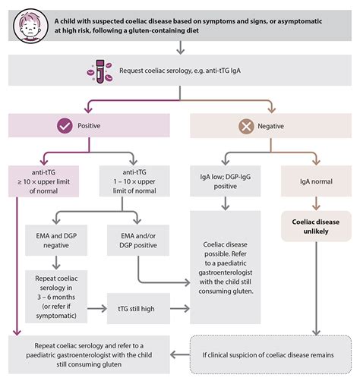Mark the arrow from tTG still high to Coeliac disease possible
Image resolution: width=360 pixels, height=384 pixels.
[179, 308]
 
